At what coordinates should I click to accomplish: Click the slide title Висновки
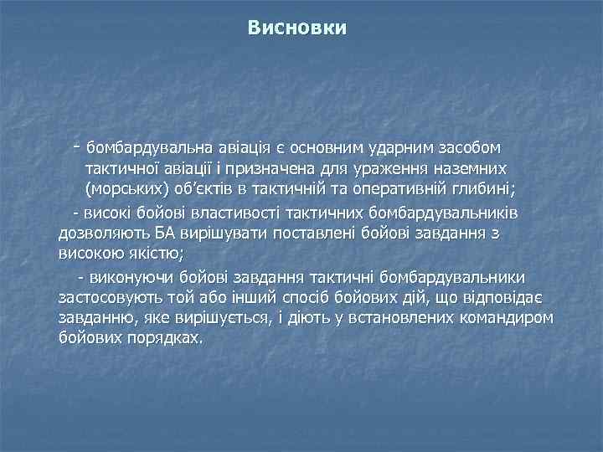(x=297, y=28)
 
